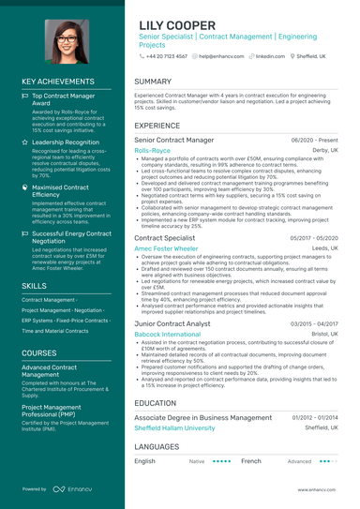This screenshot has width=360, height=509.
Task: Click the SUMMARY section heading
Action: coord(153,82)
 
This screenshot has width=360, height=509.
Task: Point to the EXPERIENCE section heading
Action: coord(157,125)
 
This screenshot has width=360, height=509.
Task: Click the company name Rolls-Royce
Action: coord(152,150)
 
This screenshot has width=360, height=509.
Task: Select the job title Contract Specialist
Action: coord(164,239)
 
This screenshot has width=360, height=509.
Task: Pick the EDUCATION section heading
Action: coord(155,402)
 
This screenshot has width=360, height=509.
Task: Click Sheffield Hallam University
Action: coord(174,427)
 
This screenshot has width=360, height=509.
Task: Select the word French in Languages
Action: coord(250,461)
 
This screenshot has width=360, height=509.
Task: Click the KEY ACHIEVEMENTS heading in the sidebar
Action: coord(60,82)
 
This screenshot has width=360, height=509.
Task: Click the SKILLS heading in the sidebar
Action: coord(34,285)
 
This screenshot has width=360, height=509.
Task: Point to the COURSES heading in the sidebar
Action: coord(39,352)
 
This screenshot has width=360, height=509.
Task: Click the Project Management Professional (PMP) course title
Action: coord(60,411)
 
